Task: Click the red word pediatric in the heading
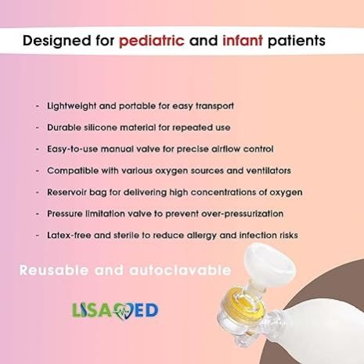(152, 41)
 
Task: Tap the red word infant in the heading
(243, 41)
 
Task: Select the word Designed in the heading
(57, 41)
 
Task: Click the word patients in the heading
(297, 41)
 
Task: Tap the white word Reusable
(54, 270)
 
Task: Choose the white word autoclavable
(180, 270)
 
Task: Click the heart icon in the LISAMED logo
(124, 311)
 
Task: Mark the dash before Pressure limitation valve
(38, 214)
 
